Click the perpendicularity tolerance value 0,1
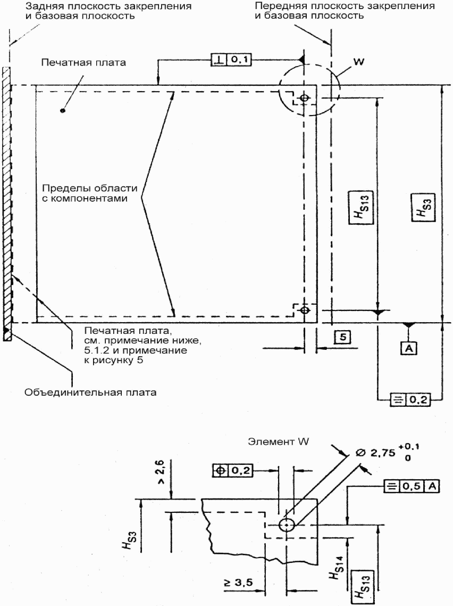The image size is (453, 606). click(240, 60)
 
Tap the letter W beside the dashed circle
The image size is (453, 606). click(359, 61)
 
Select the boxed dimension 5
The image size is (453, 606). click(343, 338)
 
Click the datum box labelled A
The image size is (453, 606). click(409, 349)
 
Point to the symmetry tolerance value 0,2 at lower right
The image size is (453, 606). click(418, 399)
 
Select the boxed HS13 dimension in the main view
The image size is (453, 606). click(361, 207)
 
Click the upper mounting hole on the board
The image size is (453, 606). click(305, 98)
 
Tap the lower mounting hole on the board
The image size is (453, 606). click(305, 310)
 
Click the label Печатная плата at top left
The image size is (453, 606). click(83, 63)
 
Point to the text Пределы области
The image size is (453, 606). click(89, 189)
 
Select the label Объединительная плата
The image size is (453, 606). click(90, 392)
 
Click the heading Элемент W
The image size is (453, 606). click(278, 441)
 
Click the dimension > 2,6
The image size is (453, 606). click(161, 471)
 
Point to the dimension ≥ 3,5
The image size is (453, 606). click(238, 582)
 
